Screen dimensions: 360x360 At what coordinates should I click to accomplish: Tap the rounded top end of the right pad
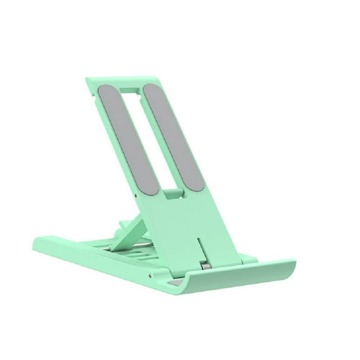[x=155, y=87]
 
